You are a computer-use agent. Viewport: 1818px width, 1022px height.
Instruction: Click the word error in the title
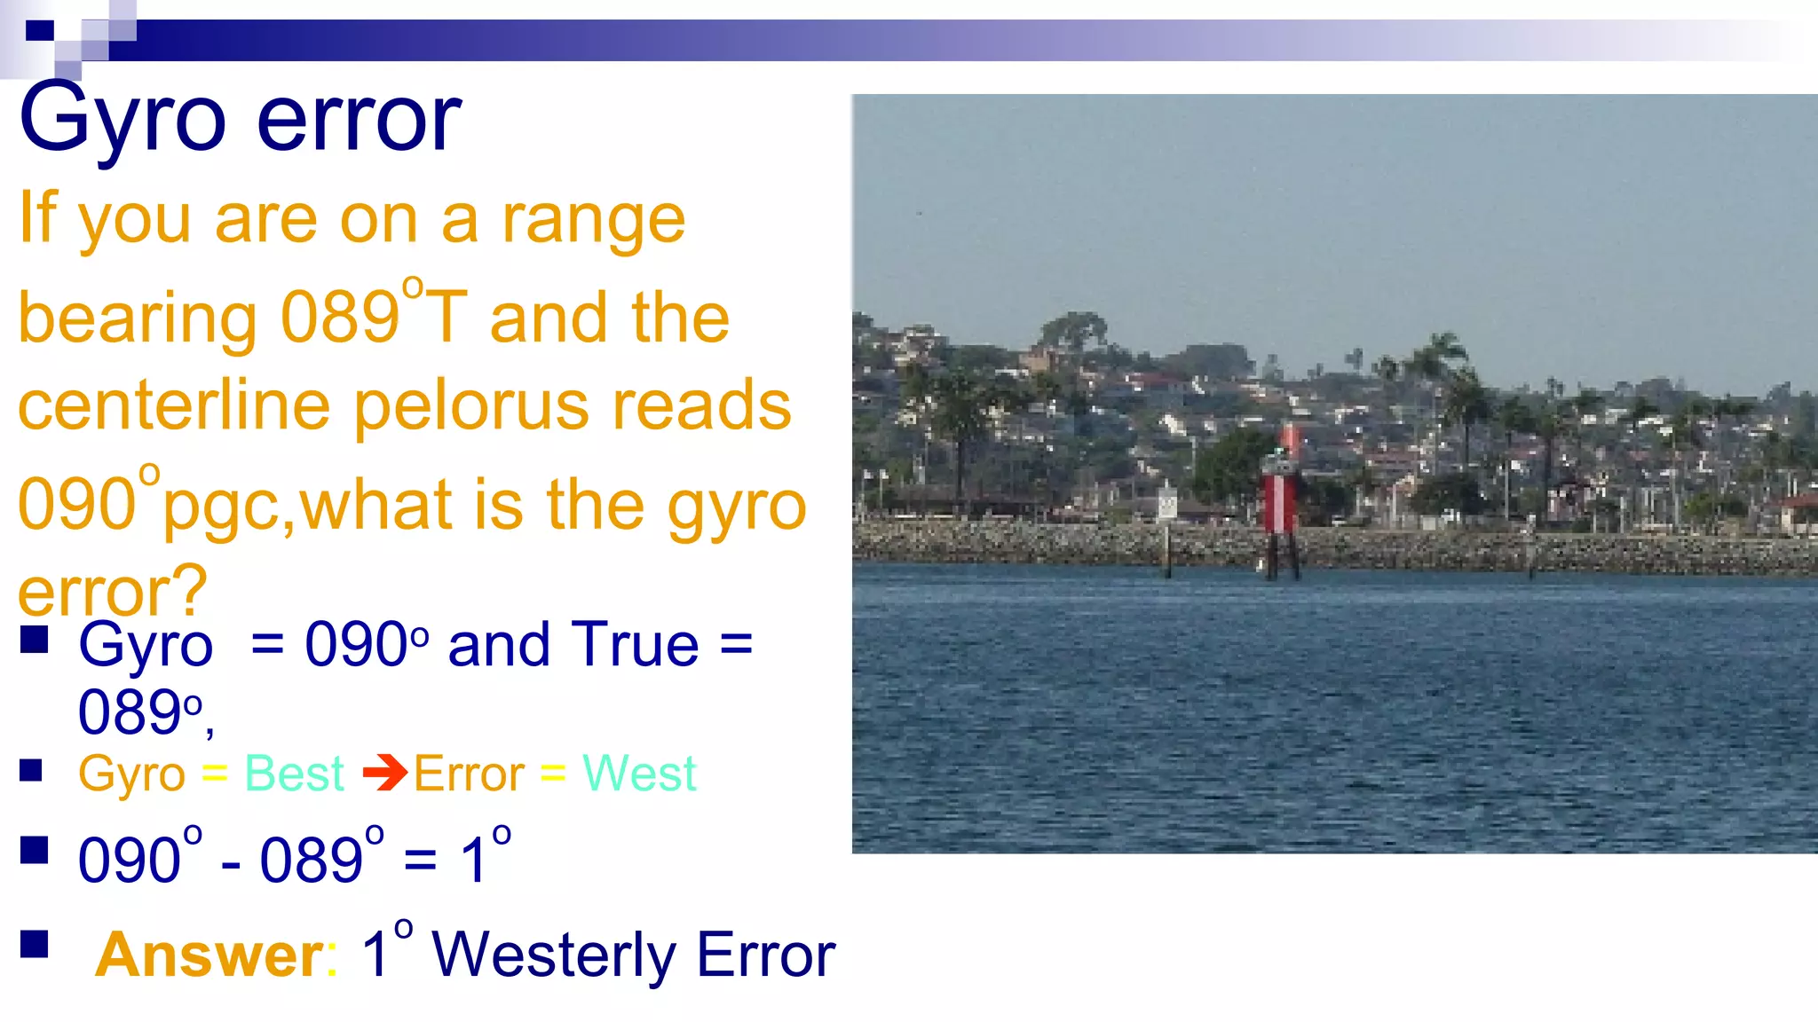point(359,120)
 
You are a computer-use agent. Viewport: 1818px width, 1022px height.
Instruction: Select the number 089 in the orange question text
point(340,317)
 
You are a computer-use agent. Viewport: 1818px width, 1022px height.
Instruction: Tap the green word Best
point(294,774)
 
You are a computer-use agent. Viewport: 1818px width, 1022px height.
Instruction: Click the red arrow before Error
point(384,773)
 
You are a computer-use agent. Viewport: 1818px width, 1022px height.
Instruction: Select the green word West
point(639,774)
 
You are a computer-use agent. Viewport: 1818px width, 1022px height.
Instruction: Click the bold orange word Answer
point(209,955)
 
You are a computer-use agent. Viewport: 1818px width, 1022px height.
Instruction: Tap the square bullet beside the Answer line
point(34,944)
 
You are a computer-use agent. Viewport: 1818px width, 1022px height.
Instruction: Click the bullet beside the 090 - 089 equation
point(34,850)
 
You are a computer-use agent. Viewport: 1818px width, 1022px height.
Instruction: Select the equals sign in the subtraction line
point(420,860)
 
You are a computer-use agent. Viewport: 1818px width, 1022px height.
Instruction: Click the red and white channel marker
point(1279,501)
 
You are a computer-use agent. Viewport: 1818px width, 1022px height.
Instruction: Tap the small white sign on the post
point(1166,505)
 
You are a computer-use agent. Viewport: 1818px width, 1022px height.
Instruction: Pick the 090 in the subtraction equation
point(130,860)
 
